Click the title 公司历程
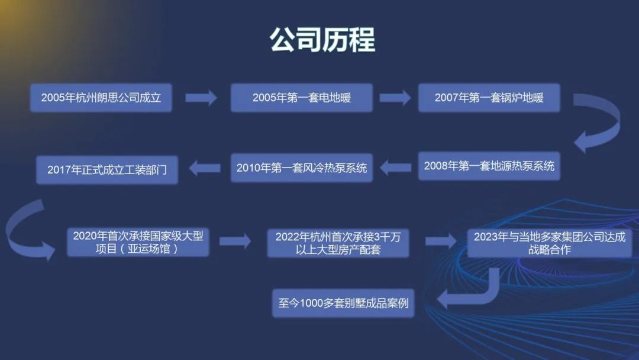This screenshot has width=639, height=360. (322, 40)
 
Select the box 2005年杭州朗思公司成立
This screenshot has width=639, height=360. (101, 98)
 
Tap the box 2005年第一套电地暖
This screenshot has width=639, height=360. (302, 98)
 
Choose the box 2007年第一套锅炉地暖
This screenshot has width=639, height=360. (489, 98)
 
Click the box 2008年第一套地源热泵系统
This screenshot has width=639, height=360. (489, 166)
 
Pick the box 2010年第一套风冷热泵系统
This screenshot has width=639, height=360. (302, 168)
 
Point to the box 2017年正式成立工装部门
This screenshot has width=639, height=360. (106, 170)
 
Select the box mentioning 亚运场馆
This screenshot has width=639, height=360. (138, 242)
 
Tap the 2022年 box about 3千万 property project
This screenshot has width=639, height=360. (338, 243)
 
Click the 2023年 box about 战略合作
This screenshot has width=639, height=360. (549, 243)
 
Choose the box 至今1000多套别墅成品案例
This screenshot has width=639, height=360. (343, 303)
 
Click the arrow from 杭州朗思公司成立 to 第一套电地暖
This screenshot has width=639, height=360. (201, 98)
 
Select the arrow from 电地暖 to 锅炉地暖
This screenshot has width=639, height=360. (395, 98)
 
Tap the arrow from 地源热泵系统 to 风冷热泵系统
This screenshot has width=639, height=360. (395, 168)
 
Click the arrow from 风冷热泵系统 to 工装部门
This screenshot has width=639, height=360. (205, 168)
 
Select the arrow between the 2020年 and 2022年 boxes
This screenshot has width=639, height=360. (235, 241)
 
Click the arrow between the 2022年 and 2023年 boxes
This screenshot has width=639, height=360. (441, 241)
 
